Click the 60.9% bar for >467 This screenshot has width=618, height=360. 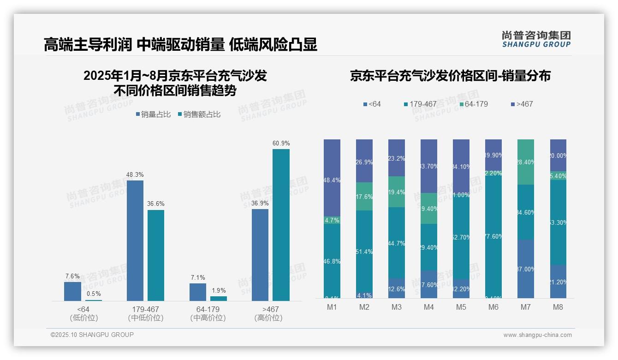281,225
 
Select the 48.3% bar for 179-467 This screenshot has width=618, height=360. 135,240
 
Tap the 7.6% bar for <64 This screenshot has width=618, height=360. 72,291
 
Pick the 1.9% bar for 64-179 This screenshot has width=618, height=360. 218,299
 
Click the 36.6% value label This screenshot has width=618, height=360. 156,204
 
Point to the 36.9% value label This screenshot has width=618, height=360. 260,203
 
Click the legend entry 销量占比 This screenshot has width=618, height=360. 154,114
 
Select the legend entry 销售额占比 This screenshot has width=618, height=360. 199,114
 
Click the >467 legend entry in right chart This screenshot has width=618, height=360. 522,104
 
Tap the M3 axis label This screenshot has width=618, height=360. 396,307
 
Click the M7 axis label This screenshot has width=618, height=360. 525,307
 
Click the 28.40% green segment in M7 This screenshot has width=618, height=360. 526,162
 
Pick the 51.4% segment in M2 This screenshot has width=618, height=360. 364,252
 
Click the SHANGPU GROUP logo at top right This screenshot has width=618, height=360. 536,39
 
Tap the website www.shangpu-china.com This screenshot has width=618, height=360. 537,335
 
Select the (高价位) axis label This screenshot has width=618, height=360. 268,318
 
